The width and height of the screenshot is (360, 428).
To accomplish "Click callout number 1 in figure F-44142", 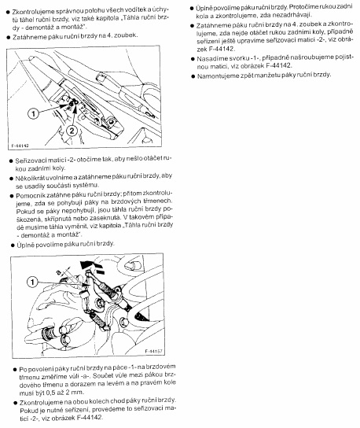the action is click(34, 113).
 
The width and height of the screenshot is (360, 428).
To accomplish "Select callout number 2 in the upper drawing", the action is click(72, 131).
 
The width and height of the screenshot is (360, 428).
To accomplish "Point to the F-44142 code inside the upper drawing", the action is click(20, 146).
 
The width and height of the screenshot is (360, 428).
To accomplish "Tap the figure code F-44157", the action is click(153, 351).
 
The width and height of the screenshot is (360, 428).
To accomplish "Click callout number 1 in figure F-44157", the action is click(32, 282).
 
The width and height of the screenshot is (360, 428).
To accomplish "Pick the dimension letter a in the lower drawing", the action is click(58, 272).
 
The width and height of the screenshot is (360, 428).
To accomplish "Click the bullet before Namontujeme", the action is click(193, 76).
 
